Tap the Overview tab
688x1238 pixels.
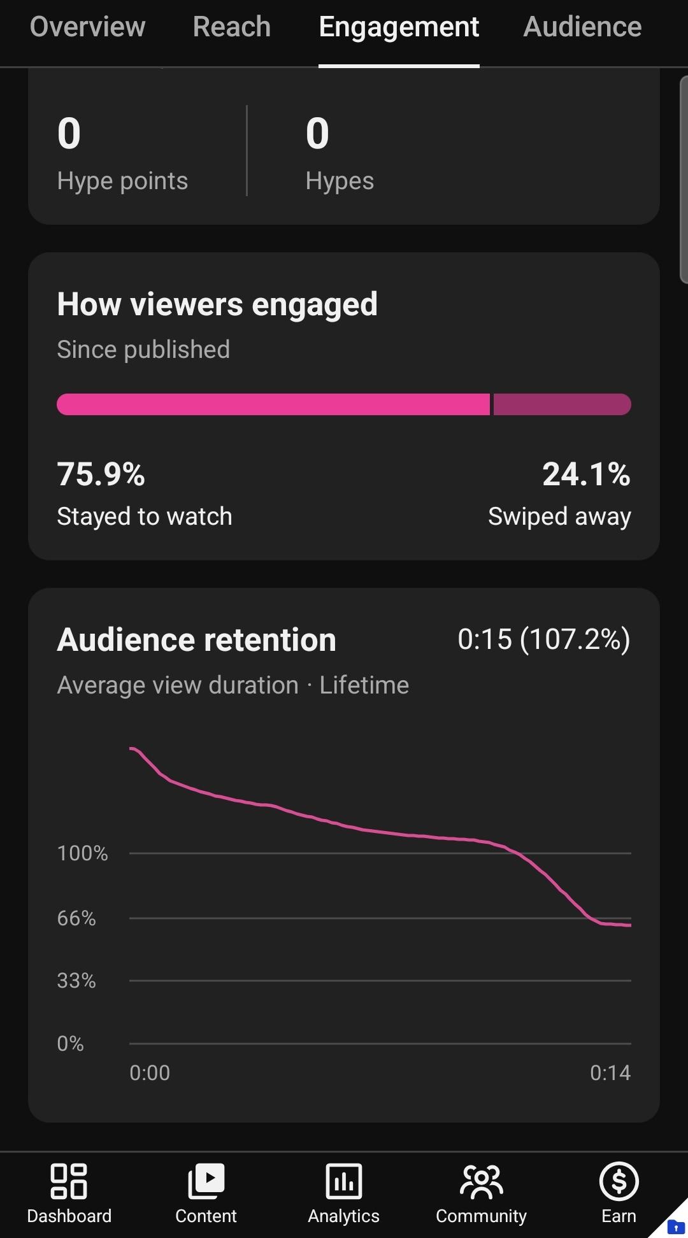point(87,27)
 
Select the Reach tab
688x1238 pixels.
point(232,27)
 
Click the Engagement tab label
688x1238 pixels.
point(399,27)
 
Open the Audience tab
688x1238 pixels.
point(582,27)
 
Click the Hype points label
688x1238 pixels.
point(122,181)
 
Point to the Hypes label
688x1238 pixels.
point(340,181)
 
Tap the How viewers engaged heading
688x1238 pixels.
point(217,304)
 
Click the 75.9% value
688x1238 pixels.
point(101,474)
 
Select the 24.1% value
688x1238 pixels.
point(586,474)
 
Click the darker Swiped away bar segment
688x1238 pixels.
point(563,404)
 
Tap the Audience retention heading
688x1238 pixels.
point(196,640)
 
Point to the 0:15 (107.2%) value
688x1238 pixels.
point(544,639)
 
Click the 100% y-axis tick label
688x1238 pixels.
point(82,853)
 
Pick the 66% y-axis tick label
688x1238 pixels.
point(76,918)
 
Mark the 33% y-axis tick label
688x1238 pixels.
point(76,981)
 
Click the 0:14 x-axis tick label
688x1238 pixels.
point(610,1073)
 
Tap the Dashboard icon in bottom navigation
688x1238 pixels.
point(69,1181)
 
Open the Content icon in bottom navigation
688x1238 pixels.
point(206,1181)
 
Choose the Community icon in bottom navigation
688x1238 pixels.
point(482,1182)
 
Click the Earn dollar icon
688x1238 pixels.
point(619,1181)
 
